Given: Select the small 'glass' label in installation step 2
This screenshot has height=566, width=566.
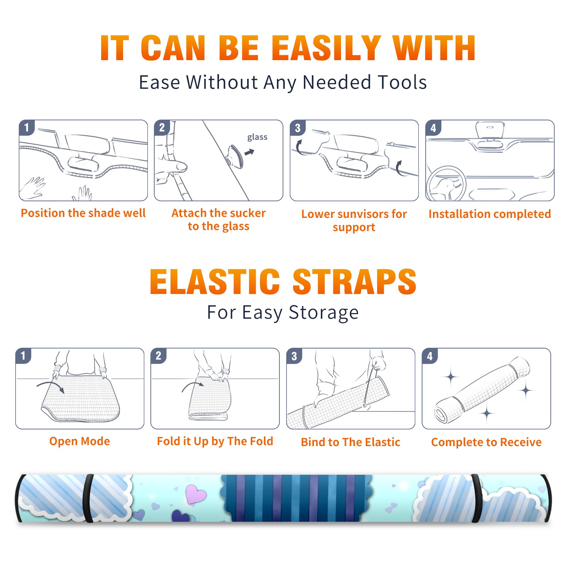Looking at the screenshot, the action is tap(257, 137).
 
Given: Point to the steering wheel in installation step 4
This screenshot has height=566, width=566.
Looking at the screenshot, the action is tap(446, 184).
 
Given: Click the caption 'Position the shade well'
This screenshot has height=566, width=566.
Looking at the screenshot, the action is tap(83, 213).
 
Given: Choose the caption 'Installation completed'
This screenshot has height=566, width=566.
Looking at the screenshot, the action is tap(490, 214).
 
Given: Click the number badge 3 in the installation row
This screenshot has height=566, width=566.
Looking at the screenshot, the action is tap(298, 128).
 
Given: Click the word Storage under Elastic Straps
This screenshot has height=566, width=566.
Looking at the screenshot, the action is tap(324, 313).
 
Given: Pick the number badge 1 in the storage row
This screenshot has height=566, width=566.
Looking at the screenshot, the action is tap(23, 356).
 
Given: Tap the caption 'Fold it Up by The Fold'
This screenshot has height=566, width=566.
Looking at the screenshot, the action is tap(215, 441).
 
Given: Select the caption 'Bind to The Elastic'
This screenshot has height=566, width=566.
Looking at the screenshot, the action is tap(351, 442).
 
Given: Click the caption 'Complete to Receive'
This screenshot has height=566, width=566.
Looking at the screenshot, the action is tap(486, 442).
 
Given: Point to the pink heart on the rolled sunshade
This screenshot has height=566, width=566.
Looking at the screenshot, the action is tap(196, 493).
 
